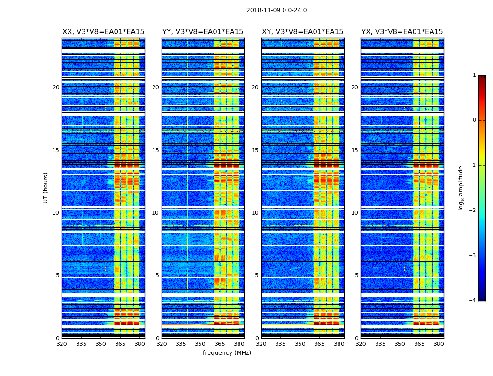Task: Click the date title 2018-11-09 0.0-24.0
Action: coord(277,10)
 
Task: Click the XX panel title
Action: coord(103,32)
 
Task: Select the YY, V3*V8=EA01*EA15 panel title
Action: coord(203,32)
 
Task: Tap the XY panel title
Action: coord(302,32)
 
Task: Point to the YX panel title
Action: coord(402,32)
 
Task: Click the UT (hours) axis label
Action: coord(46,188)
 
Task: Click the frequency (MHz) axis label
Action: coord(227,353)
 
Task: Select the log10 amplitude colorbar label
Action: coord(461,188)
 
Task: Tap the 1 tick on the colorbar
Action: coord(474,75)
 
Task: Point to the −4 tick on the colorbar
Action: coord(473,301)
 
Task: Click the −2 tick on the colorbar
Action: coord(473,211)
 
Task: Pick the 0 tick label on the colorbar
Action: coord(474,120)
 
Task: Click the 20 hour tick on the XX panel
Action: coord(56,87)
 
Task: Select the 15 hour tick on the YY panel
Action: coord(155,150)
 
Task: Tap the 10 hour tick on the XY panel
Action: coord(255,213)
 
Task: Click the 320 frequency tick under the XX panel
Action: coord(62,344)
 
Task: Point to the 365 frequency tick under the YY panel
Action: coord(220,344)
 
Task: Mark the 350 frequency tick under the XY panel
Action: coord(300,344)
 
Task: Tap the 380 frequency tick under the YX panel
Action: coord(439,344)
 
